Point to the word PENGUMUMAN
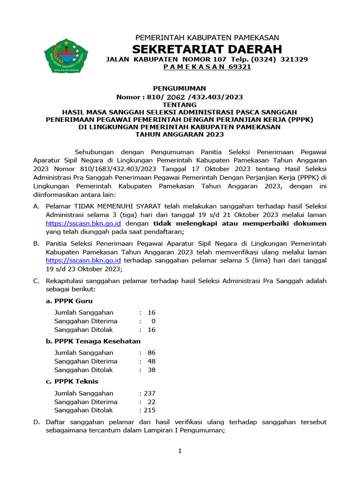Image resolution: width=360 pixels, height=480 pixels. [180, 88]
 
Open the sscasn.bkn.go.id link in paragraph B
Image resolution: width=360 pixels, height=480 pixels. [83, 260]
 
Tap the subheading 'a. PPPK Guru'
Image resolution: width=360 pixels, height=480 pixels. [69, 301]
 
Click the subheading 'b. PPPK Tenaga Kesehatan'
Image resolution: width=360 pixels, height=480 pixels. [93, 341]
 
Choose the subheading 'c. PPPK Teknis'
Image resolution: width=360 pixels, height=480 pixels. [72, 382]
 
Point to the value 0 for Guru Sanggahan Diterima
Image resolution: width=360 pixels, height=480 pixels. [153, 321]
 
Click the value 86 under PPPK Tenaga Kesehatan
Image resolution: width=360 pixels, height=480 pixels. [151, 352]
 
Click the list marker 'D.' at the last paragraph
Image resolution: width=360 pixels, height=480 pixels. [36, 422]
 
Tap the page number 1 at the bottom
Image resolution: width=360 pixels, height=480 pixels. [180, 451]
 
